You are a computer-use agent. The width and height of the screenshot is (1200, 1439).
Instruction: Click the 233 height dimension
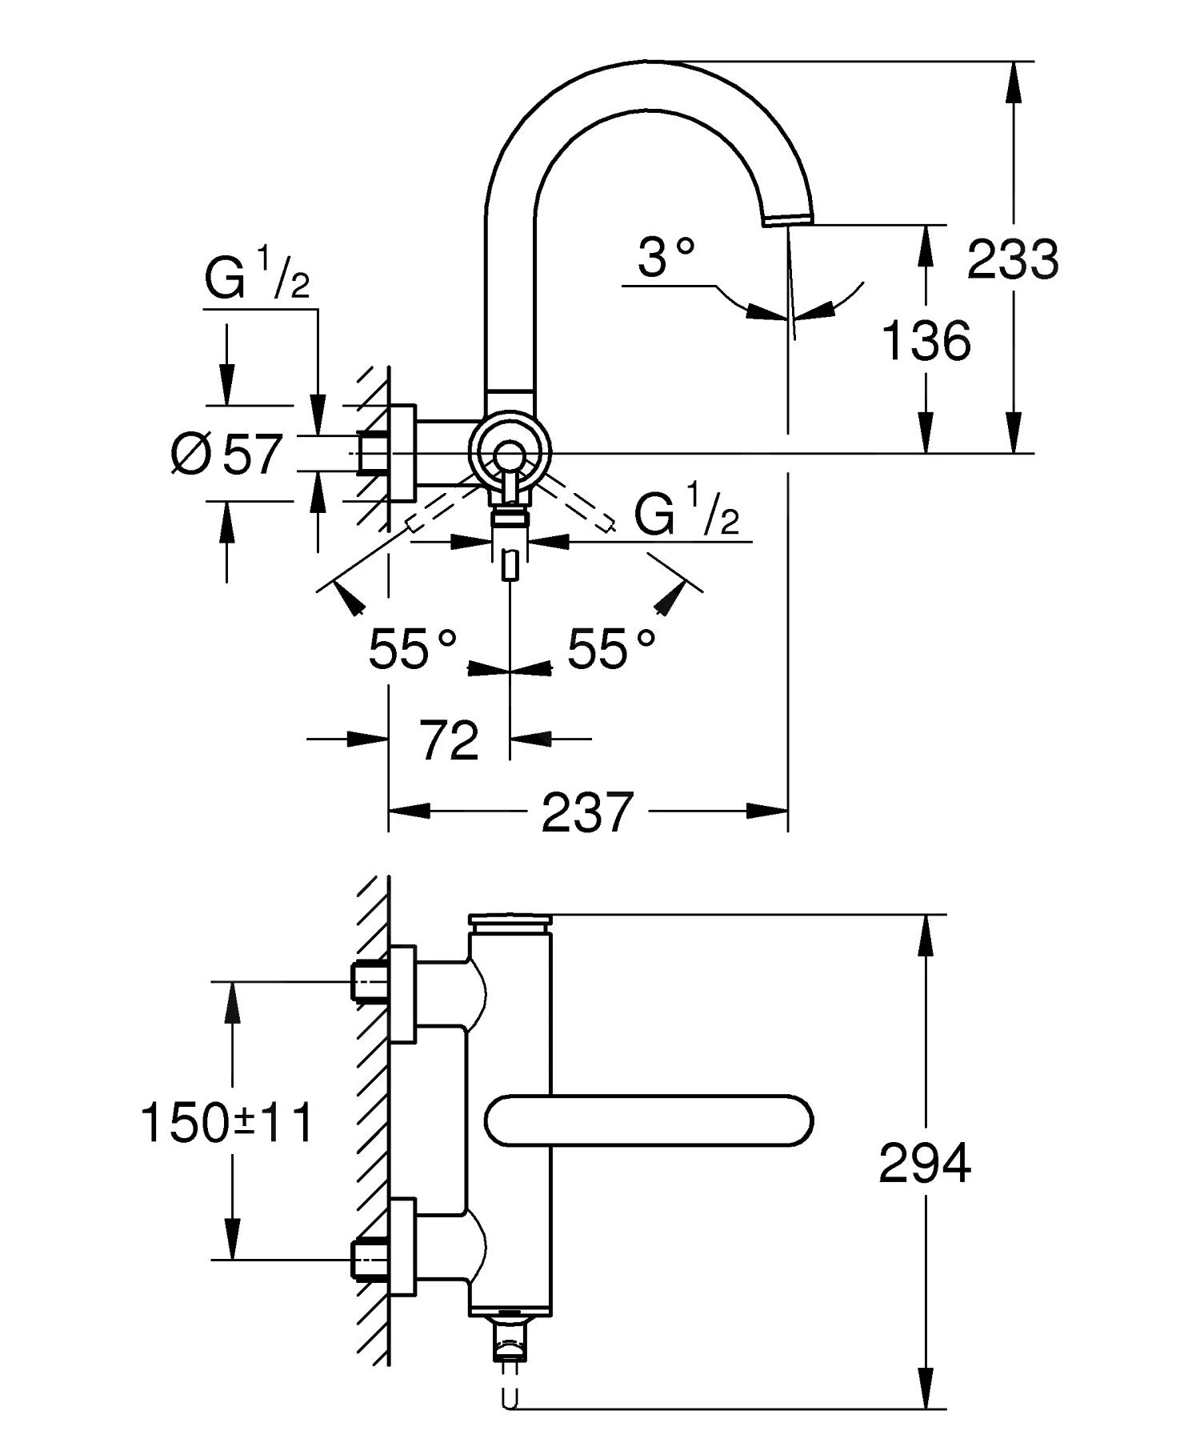tap(1012, 259)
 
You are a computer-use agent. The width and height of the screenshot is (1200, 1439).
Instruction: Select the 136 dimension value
tap(926, 341)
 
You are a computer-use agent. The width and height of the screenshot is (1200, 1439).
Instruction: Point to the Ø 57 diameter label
tap(226, 454)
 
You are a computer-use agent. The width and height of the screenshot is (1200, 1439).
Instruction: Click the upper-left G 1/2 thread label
tap(256, 276)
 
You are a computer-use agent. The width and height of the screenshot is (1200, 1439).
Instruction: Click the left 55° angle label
tap(412, 647)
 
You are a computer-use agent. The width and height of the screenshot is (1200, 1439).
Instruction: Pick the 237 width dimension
tap(587, 812)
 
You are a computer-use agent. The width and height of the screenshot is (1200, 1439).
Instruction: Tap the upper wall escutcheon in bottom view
tap(402, 994)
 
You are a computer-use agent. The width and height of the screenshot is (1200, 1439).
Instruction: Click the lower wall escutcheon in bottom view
tap(402, 1246)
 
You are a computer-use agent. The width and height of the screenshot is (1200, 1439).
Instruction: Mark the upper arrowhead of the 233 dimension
tap(1013, 80)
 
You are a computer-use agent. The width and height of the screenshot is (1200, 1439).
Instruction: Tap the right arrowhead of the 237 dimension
tap(768, 811)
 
